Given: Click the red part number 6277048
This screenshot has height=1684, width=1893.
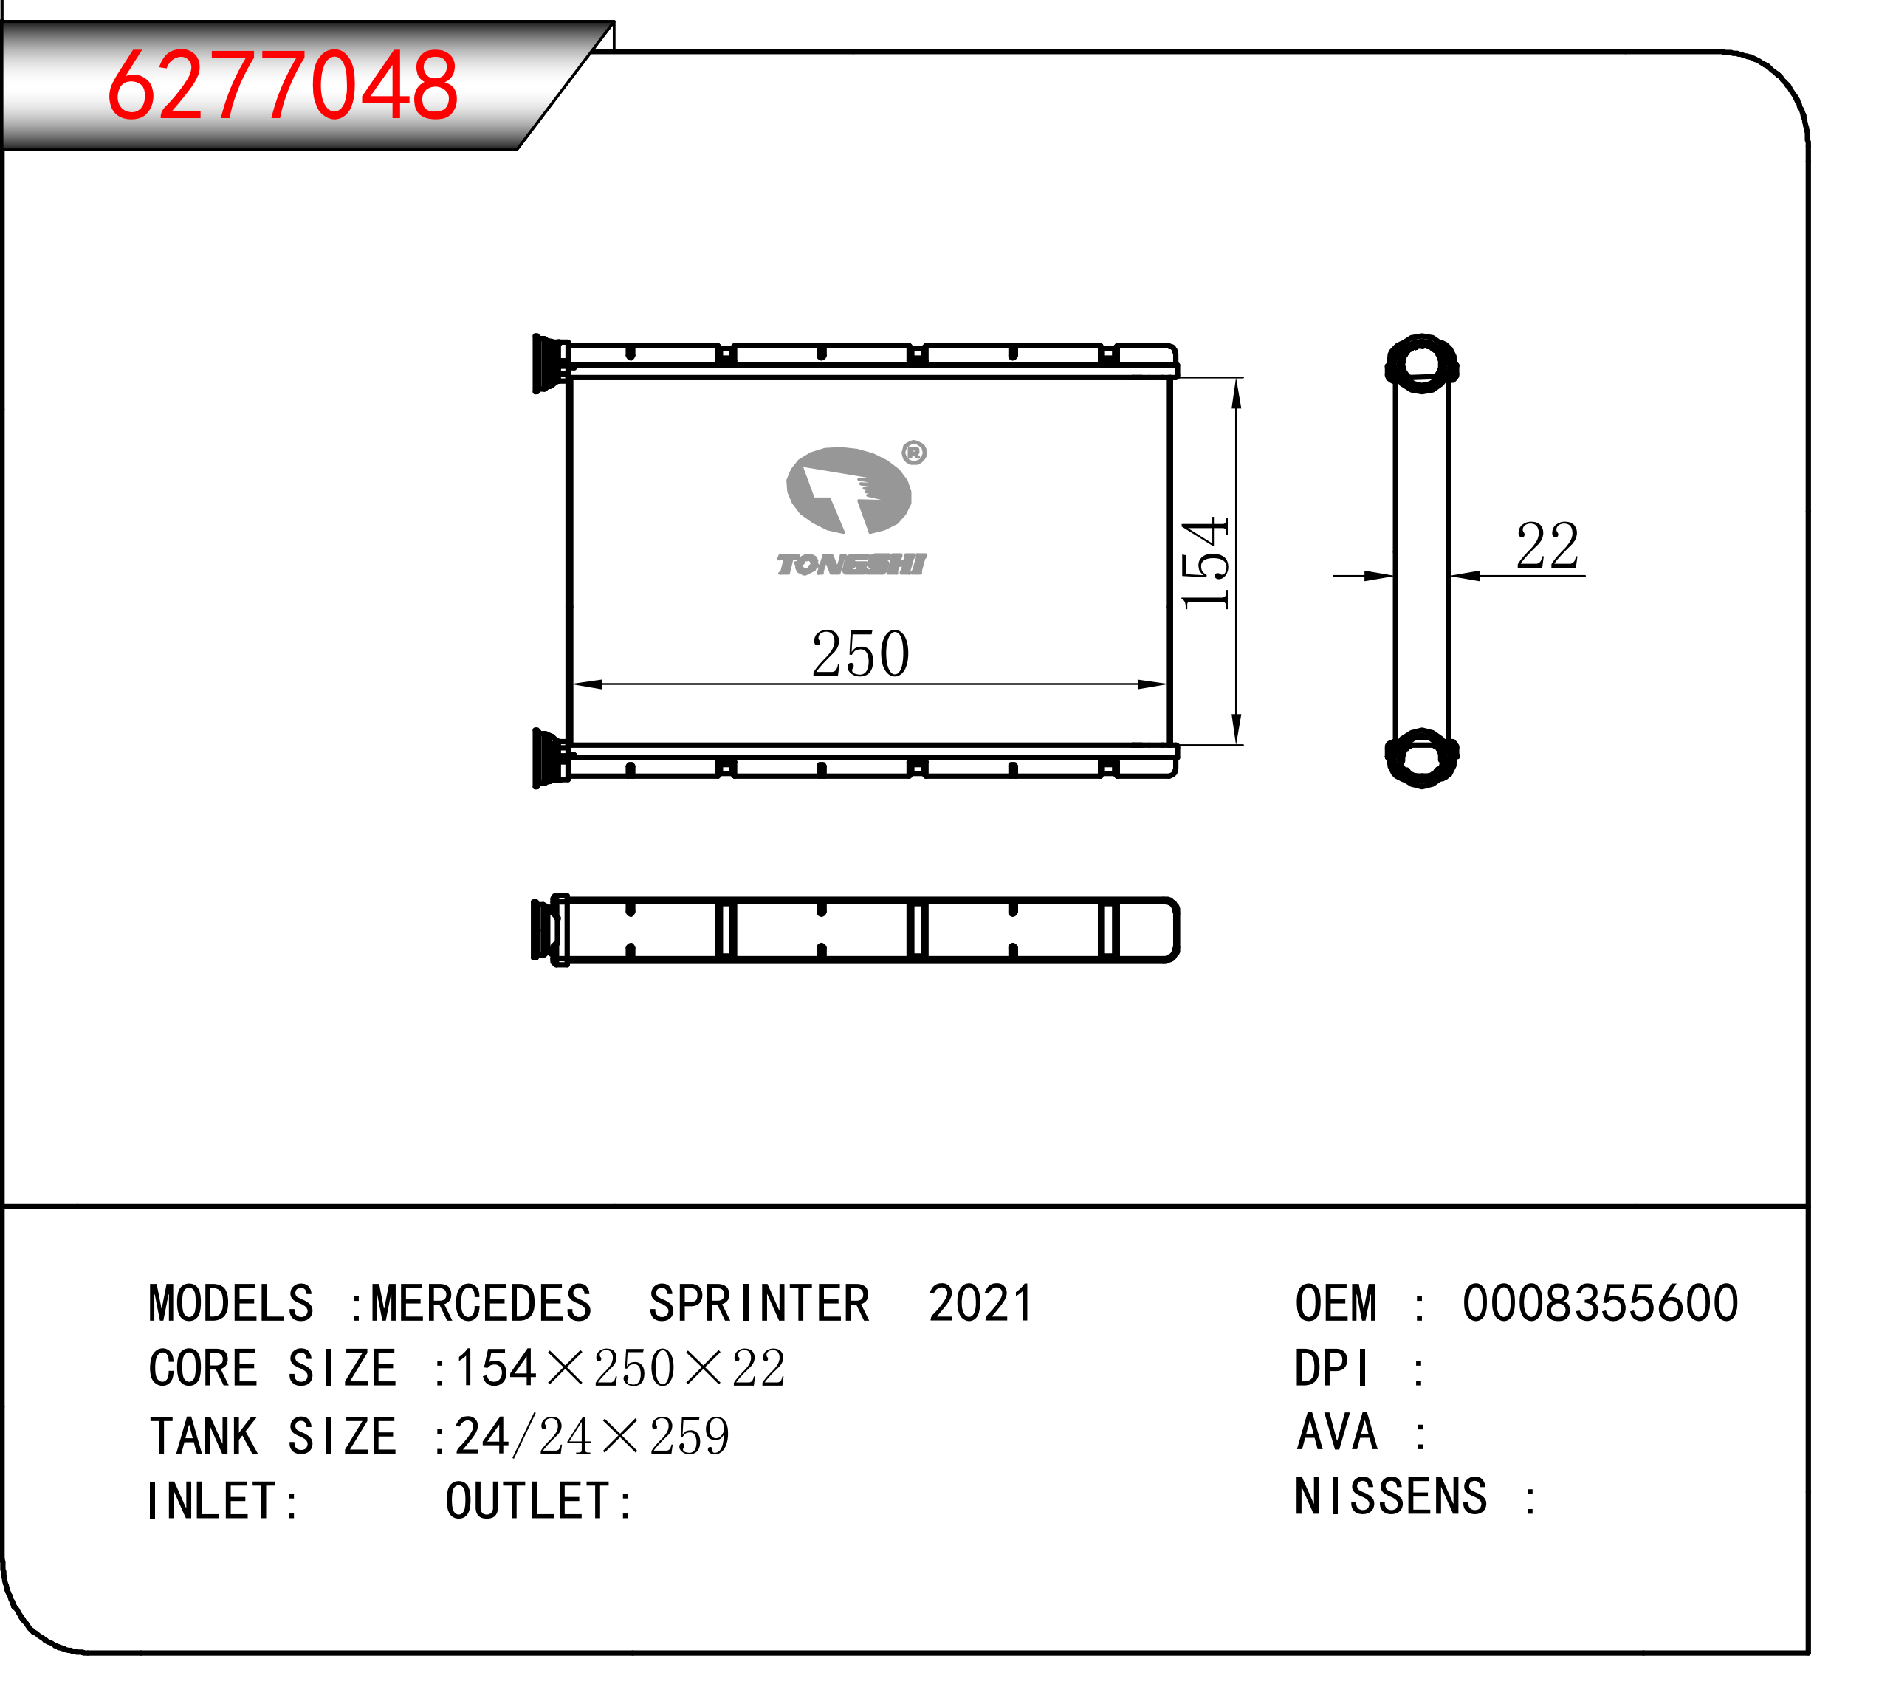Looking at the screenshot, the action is click(283, 85).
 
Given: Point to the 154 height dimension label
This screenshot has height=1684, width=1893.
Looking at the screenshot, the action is click(1205, 563).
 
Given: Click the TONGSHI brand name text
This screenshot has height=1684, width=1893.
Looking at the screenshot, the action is click(851, 564).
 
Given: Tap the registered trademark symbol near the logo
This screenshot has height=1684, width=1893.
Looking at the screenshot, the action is click(913, 453).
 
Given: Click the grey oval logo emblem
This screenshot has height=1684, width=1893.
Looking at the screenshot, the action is click(848, 491).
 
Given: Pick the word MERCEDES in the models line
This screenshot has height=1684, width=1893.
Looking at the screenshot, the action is click(481, 1305).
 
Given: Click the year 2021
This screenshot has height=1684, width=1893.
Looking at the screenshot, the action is click(980, 1305).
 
